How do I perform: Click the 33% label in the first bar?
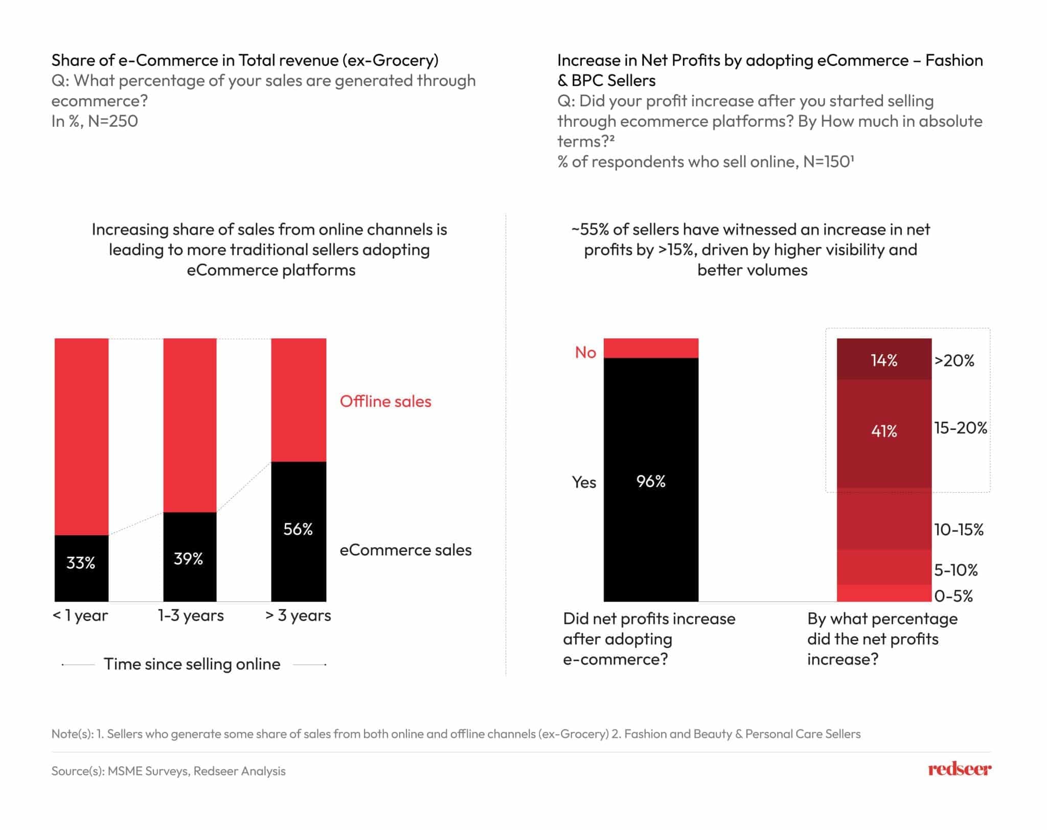point(81,563)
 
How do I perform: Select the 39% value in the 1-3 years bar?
point(188,559)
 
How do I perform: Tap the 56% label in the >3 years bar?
point(298,529)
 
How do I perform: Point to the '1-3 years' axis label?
point(191,615)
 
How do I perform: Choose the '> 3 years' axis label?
point(298,615)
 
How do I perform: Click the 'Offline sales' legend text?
point(385,401)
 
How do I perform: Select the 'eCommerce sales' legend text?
point(405,550)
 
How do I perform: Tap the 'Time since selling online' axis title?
point(192,664)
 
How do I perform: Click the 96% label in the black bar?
point(651,481)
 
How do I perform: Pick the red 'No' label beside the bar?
point(585,352)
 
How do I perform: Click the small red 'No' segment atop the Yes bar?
point(651,348)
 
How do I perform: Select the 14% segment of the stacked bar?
point(884,360)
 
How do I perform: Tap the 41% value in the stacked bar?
point(884,431)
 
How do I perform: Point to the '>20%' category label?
point(954,360)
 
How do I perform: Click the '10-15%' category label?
point(959,529)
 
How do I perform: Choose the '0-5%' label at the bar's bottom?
point(953,596)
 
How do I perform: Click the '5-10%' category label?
point(955,570)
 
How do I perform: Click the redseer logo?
point(960,769)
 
